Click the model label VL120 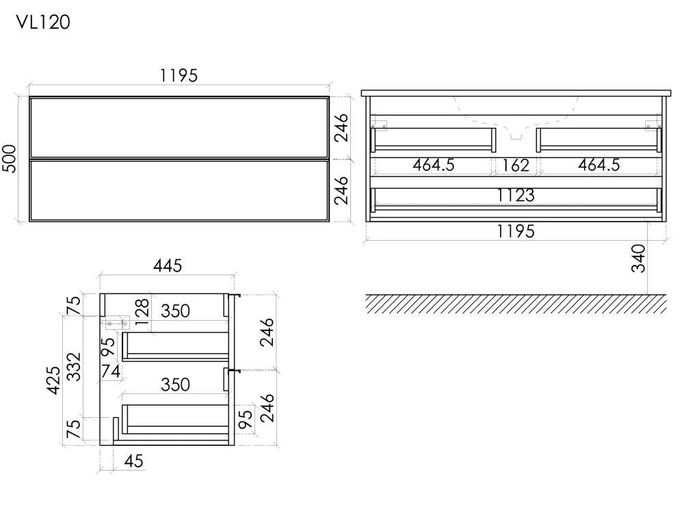pyautogui.click(x=42, y=23)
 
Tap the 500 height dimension pyautogui.click(x=10, y=159)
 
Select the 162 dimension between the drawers pyautogui.click(x=516, y=166)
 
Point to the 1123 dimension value pyautogui.click(x=516, y=196)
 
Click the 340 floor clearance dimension pyautogui.click(x=638, y=259)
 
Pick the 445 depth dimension pyautogui.click(x=168, y=265)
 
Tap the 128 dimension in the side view pyautogui.click(x=142, y=312)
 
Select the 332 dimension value pyautogui.click(x=74, y=367)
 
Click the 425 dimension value pyautogui.click(x=53, y=380)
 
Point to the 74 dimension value pyautogui.click(x=111, y=371)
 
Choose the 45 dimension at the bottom pyautogui.click(x=133, y=461)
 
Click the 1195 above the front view pyautogui.click(x=179, y=76)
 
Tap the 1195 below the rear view pyautogui.click(x=516, y=231)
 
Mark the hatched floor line pyautogui.click(x=516, y=304)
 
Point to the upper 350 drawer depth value pyautogui.click(x=175, y=311)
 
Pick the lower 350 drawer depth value pyautogui.click(x=175, y=384)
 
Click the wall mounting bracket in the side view pyautogui.click(x=116, y=323)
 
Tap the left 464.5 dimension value pyautogui.click(x=434, y=165)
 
